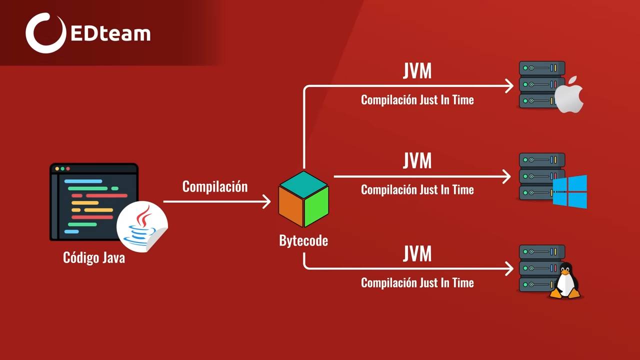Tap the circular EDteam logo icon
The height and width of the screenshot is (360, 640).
tap(45, 33)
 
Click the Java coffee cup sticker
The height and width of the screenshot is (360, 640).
tap(142, 226)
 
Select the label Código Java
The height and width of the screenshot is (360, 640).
tap(94, 257)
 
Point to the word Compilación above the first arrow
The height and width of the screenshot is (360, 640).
tap(215, 186)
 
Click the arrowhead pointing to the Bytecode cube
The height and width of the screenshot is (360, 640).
tap(266, 201)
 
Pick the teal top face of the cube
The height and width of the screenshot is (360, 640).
tap(303, 184)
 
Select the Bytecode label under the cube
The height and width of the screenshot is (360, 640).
tap(303, 240)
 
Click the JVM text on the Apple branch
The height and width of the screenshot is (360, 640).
tap(417, 71)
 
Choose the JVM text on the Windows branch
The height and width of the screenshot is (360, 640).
tap(417, 161)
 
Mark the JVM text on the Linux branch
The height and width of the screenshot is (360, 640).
tap(417, 254)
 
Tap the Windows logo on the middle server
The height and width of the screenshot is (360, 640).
tap(570, 191)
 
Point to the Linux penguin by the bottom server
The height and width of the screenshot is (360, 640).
tap(565, 281)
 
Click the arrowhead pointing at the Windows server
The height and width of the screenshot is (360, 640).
tap(507, 176)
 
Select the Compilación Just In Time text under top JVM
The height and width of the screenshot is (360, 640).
tap(417, 100)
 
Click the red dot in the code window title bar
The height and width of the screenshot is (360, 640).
tap(57, 169)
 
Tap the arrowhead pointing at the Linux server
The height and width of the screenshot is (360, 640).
tap(509, 268)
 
